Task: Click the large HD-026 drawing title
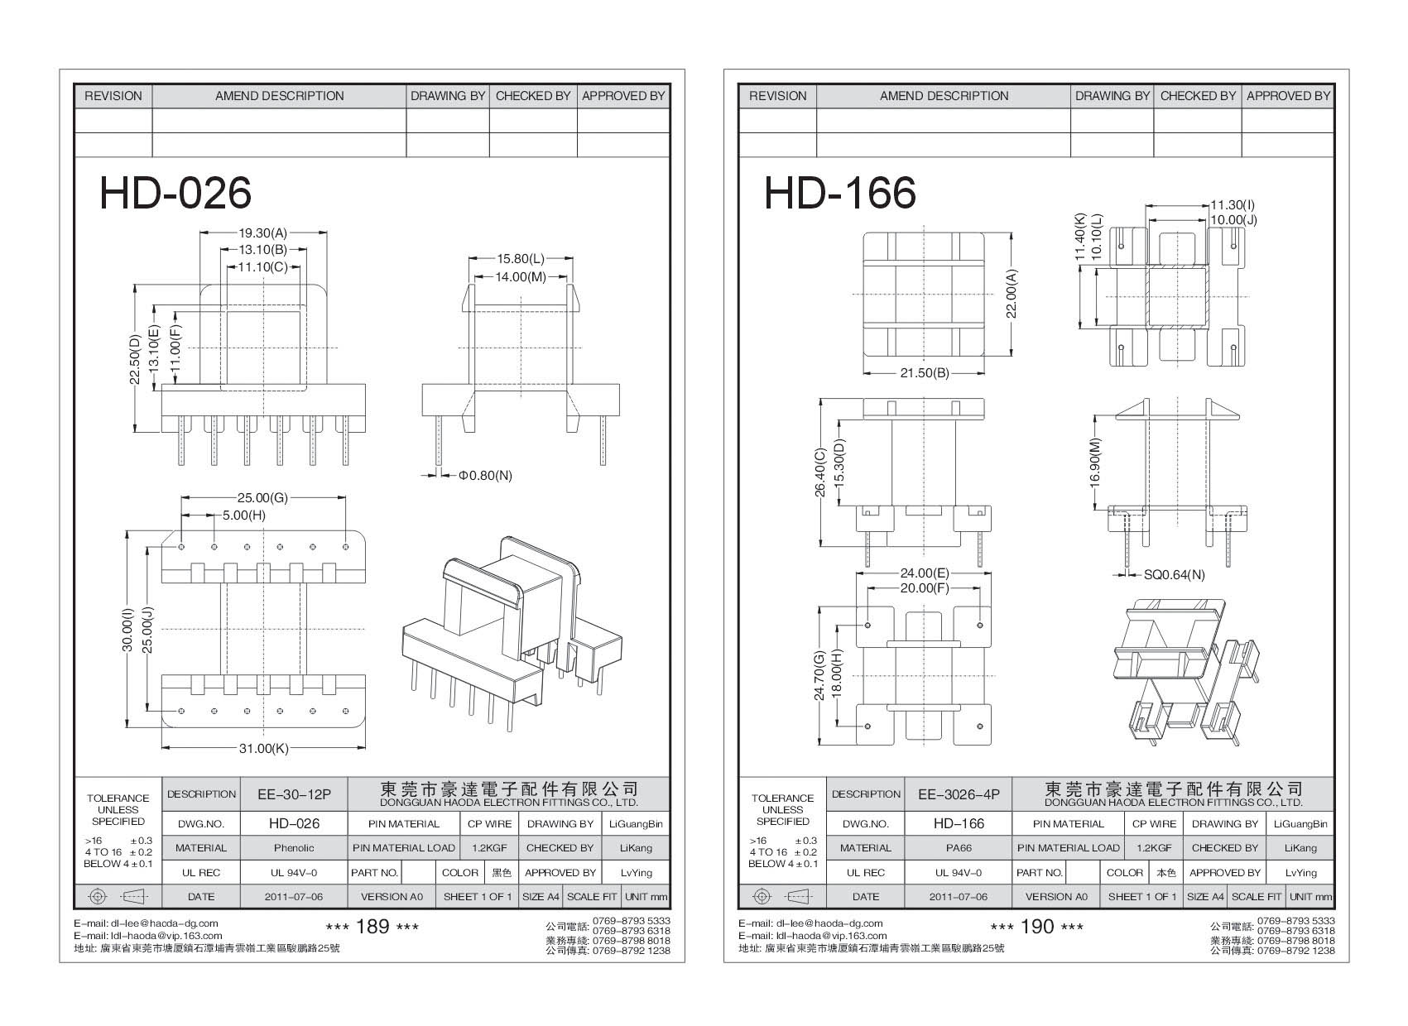(x=175, y=193)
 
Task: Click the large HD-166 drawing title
(x=839, y=193)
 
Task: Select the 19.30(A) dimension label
(x=263, y=233)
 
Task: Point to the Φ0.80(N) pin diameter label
(x=486, y=475)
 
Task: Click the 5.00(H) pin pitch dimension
(x=244, y=515)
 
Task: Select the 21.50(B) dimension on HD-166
(x=925, y=373)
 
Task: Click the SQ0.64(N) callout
(x=1174, y=574)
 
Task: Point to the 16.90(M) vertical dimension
(x=1096, y=463)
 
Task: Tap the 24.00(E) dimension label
(x=925, y=573)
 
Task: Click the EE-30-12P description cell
(x=294, y=794)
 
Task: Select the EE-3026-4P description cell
(x=959, y=794)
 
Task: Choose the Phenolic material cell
(x=294, y=848)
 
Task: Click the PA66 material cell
(x=959, y=848)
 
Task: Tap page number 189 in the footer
(x=372, y=927)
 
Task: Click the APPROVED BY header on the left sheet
(x=623, y=96)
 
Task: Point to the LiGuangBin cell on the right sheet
(x=1300, y=824)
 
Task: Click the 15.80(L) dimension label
(x=521, y=259)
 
